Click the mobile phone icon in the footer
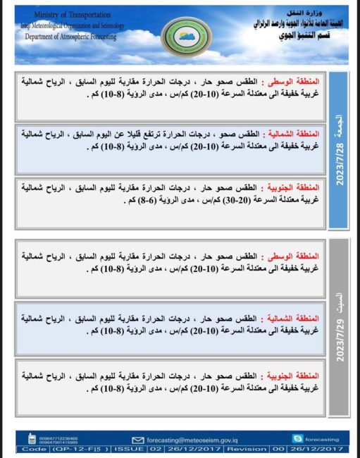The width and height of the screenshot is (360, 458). coord(32,438)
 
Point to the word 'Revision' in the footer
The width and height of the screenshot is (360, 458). coord(249,448)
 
